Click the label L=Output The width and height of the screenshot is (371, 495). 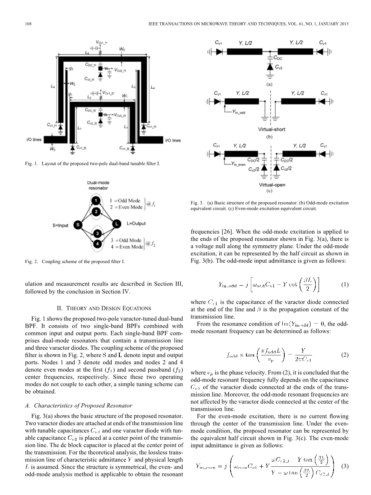pos(136,223)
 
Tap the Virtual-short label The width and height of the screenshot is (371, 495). pos(271,129)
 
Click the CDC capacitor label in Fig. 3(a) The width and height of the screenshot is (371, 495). pos(278,58)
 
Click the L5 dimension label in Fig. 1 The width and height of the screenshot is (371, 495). pos(87,52)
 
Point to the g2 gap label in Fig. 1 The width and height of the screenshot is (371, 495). pos(71,69)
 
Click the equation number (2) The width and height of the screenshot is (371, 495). pos(344,355)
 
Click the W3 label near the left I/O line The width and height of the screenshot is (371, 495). pos(52,149)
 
